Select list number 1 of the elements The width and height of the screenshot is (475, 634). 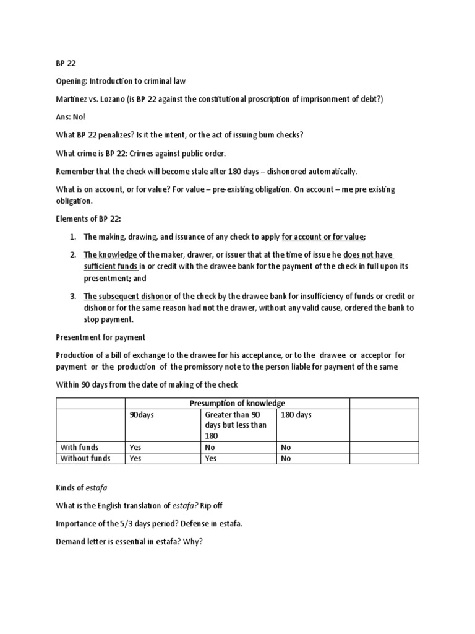[x=72, y=237]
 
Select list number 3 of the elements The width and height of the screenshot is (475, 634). [x=72, y=297]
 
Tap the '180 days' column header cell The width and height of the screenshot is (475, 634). [x=296, y=415]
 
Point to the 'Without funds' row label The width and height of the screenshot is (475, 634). [x=85, y=458]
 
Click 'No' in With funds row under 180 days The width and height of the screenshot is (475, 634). [x=286, y=447]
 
